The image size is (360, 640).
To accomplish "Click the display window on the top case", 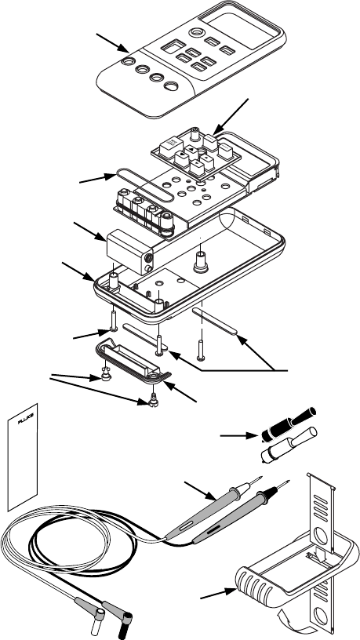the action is coord(242,27).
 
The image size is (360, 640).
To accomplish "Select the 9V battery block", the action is coord(129,252).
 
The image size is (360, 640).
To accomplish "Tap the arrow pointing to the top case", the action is coord(113,43).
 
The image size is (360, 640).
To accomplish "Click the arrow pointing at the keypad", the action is coord(231,115).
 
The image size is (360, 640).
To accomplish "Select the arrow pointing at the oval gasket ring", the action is coord(97,178).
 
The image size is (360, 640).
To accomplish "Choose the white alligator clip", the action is coord(289,445).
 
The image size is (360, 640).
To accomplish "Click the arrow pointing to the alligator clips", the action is coord(239,436).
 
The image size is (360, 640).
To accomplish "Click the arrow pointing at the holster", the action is coord(218,593).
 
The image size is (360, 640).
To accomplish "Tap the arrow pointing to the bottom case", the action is coord(78,271).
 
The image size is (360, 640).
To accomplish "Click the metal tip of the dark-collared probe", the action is coord(284,484).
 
